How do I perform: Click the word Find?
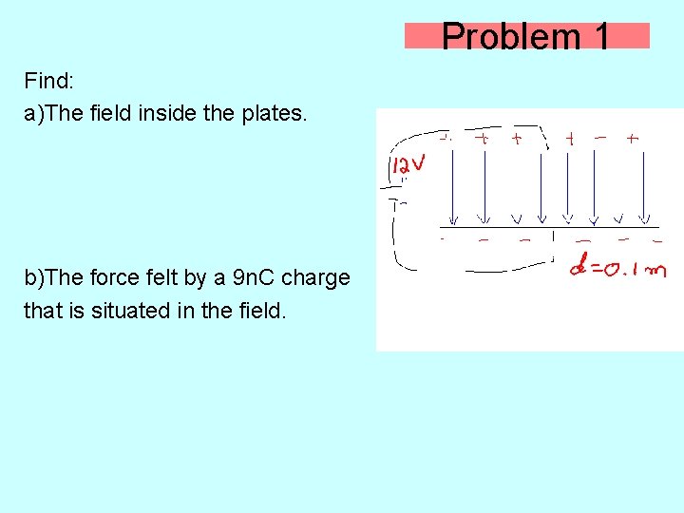tap(46, 80)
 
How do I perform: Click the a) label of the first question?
tap(34, 114)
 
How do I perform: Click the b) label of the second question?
tap(34, 278)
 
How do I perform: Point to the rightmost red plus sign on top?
tap(633, 139)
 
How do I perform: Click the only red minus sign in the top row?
tap(600, 138)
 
